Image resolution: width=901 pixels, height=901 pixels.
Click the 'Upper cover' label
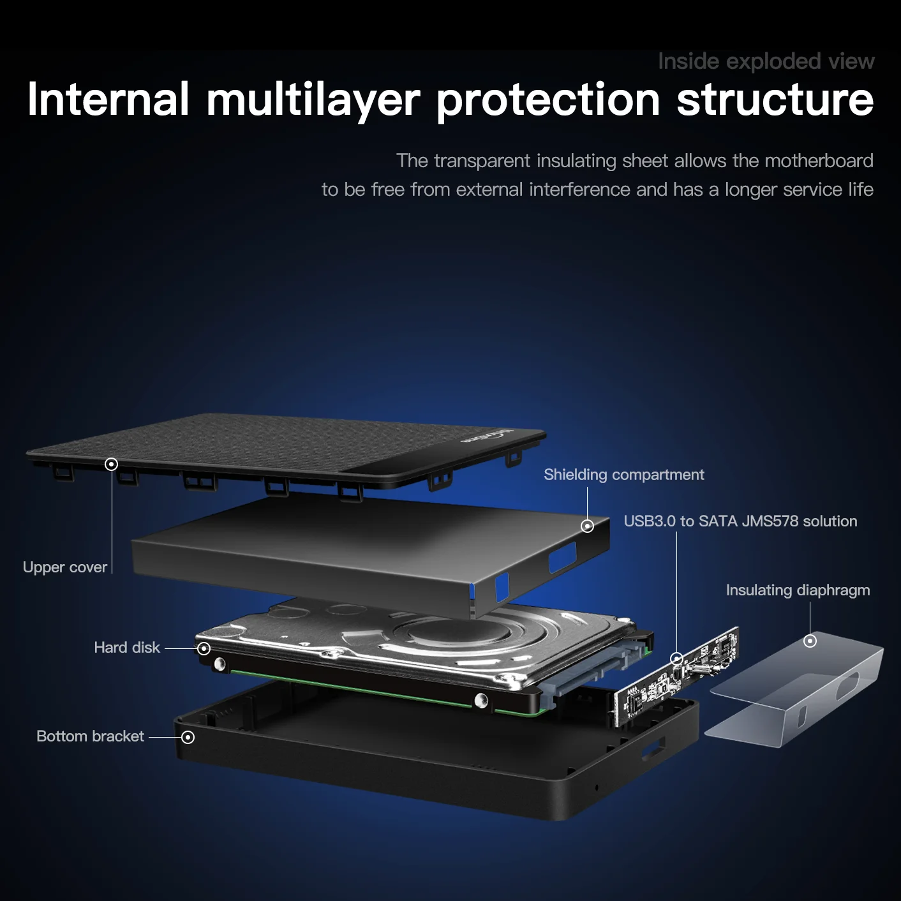click(64, 567)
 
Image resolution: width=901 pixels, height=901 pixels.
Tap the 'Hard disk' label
click(126, 648)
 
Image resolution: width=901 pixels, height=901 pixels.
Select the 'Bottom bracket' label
click(90, 736)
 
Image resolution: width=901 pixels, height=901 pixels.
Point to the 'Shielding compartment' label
click(623, 475)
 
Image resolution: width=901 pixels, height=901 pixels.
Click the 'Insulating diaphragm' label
click(798, 590)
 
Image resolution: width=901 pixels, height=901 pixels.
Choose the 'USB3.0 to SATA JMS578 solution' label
click(740, 521)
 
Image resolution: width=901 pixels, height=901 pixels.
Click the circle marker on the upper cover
click(111, 464)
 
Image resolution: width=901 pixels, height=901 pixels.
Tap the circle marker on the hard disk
click(204, 648)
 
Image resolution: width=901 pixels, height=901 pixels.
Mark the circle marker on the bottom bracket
click(188, 737)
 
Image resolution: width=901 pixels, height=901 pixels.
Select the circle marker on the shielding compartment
click(587, 526)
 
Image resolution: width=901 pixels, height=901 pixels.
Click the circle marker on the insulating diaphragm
click(810, 641)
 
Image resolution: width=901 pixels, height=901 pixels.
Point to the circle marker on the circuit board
click(677, 658)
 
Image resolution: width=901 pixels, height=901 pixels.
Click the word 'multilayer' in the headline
click(313, 101)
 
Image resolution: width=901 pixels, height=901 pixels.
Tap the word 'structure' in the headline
click(775, 101)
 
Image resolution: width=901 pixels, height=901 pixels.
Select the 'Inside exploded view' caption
click(766, 61)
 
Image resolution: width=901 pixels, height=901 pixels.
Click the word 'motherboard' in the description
click(819, 161)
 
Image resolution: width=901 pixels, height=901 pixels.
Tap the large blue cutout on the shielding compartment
click(562, 557)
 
